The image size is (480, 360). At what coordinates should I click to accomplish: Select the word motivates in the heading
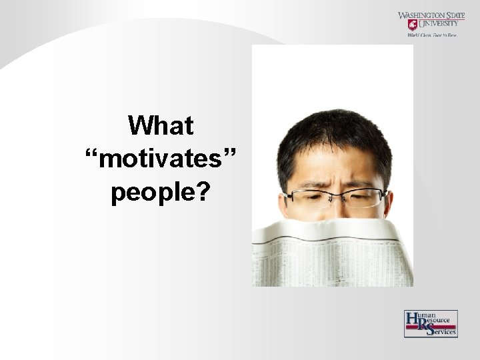(160, 159)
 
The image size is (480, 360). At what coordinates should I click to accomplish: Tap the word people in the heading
(153, 193)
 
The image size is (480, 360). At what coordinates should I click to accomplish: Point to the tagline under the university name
(432, 35)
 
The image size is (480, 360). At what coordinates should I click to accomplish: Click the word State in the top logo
(459, 15)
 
